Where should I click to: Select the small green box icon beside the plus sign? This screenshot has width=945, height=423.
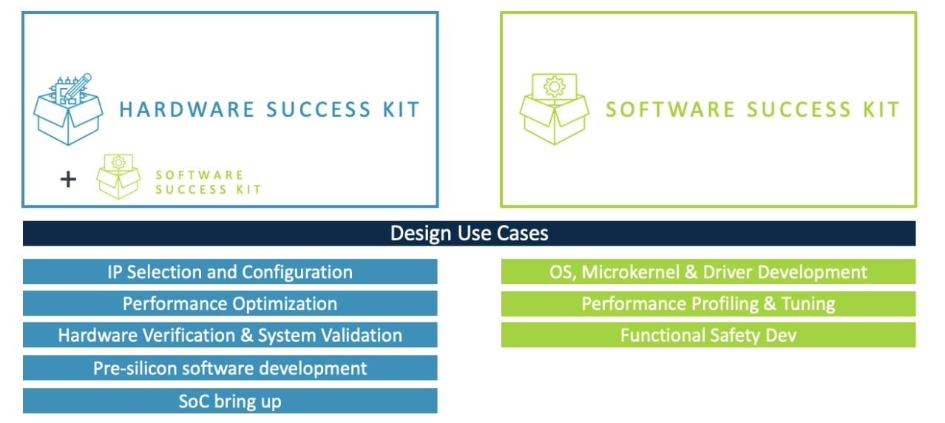click(x=118, y=176)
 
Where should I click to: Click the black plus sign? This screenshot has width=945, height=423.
click(x=68, y=179)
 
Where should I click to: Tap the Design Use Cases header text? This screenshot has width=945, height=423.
click(x=469, y=234)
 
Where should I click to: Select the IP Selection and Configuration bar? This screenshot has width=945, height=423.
click(x=230, y=271)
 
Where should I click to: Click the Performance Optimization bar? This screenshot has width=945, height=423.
click(x=230, y=303)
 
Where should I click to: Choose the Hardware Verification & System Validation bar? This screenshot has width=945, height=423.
click(x=230, y=335)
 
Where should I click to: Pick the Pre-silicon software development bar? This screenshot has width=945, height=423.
click(x=230, y=368)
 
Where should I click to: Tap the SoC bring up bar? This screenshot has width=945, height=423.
click(x=230, y=402)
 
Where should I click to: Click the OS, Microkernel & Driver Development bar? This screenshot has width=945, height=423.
click(x=708, y=271)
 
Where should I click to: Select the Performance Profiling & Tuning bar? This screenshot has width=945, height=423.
click(x=708, y=303)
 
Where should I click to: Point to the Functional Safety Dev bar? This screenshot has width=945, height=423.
click(x=708, y=335)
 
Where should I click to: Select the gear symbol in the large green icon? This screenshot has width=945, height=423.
click(x=553, y=87)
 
